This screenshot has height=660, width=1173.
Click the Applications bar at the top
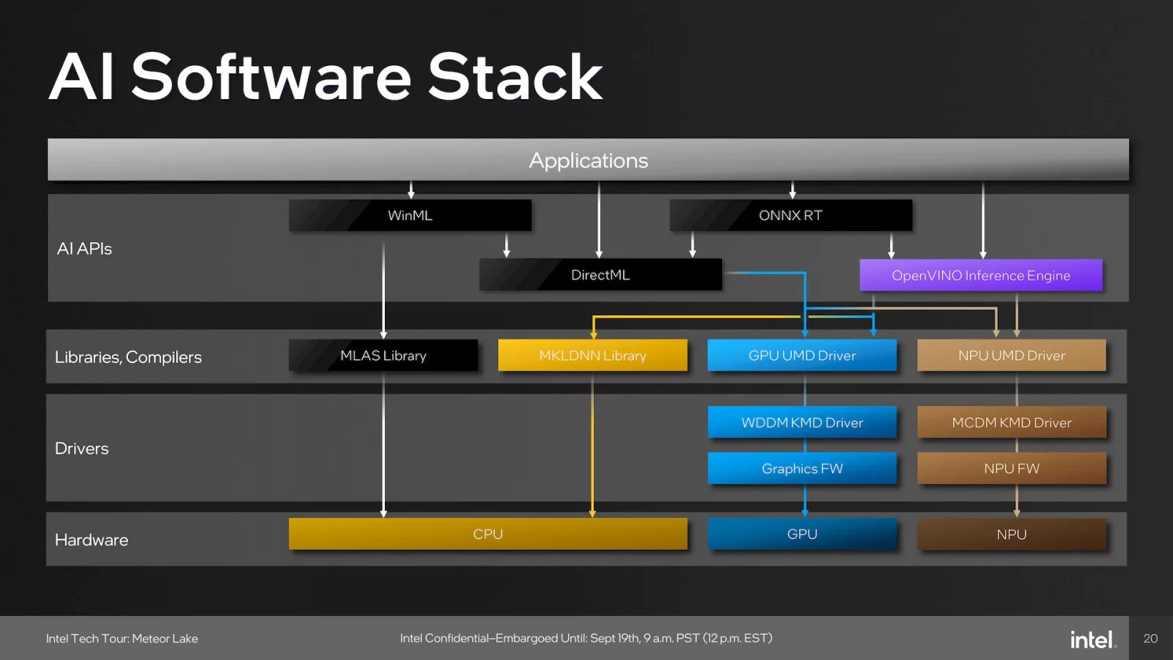click(588, 160)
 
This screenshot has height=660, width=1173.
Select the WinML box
click(410, 216)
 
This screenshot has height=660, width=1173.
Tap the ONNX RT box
click(790, 216)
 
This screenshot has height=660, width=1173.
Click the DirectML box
click(600, 275)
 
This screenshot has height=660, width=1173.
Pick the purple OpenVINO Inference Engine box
click(981, 276)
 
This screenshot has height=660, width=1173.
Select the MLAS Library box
click(383, 356)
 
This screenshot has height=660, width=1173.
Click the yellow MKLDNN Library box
click(592, 356)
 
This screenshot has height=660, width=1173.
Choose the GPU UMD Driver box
click(802, 356)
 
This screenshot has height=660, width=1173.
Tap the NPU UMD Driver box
click(1012, 356)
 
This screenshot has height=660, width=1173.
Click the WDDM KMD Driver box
click(802, 422)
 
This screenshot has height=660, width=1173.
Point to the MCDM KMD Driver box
click(1012, 422)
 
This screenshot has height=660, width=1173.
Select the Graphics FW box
click(802, 469)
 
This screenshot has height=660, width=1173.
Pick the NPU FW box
click(1012, 469)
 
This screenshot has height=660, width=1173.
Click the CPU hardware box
click(488, 534)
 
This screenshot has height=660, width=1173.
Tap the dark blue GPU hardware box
click(802, 534)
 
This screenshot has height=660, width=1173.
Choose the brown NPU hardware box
click(1012, 534)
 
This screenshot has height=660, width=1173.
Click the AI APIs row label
click(84, 249)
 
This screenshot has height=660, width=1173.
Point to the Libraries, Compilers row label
click(128, 357)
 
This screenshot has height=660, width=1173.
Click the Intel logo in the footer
click(1092, 639)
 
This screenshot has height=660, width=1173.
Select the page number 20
click(1150, 639)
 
